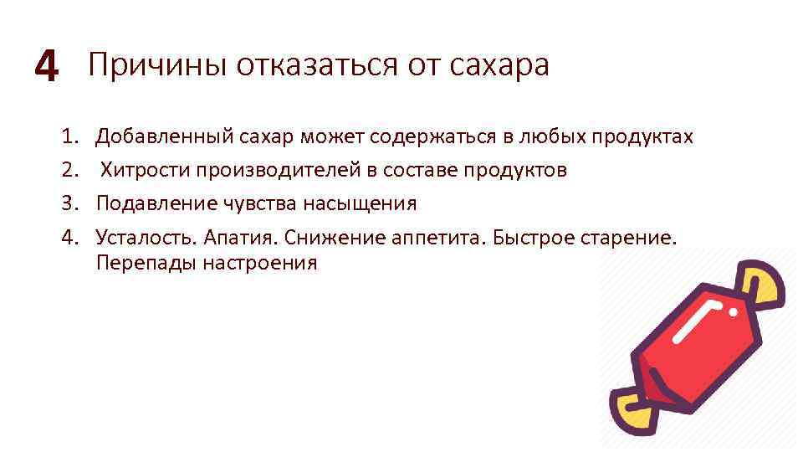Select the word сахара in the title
499,64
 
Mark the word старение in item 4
633,238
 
